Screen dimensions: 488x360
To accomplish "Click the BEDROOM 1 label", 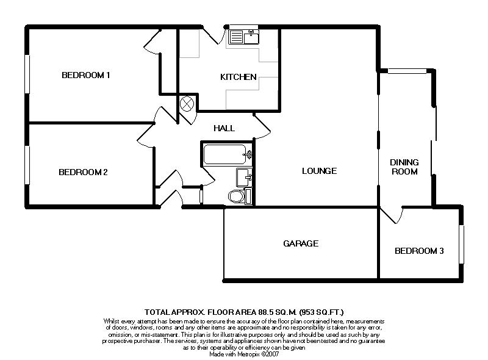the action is point(86,75).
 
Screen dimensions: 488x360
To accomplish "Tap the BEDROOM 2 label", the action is point(83,172).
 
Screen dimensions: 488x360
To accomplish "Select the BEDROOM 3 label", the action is point(419,251).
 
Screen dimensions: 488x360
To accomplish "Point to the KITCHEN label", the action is point(239,77).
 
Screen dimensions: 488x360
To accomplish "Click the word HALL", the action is point(224,128).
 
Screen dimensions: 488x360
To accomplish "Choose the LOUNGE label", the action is point(319,171).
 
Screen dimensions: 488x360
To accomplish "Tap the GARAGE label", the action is point(301,243).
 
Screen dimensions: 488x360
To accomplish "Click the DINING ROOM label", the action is point(404,167).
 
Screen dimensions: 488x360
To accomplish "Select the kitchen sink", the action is point(243,37).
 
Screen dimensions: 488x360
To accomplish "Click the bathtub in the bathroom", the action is point(228,154).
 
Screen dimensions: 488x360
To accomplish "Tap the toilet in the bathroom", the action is point(240,196).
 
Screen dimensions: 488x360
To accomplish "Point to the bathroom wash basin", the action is point(245,177).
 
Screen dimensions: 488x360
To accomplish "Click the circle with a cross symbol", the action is point(187,104).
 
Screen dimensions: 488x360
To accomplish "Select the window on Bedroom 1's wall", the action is point(27,74).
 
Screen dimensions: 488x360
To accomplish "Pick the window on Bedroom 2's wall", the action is point(27,165).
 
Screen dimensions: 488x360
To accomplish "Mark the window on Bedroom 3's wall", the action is point(462,245).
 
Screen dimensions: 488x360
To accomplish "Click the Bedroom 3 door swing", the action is point(393,215).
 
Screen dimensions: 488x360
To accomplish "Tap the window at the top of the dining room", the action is point(407,71).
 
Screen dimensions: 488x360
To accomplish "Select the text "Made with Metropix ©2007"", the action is point(244,355).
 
